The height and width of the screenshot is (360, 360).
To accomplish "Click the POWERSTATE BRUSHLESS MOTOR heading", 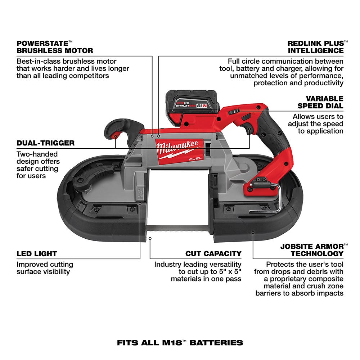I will tap(55, 47).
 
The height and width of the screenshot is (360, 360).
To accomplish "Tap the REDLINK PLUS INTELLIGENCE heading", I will tap(315, 47).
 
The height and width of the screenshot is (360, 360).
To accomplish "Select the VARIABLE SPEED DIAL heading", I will tap(320, 102).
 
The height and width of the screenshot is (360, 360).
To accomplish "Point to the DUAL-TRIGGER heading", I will tap(45, 143).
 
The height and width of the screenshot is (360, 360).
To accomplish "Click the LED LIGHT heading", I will tap(37, 254).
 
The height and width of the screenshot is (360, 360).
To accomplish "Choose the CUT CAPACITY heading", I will tap(213, 254).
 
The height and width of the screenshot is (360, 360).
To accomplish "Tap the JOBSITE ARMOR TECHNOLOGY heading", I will tap(312, 250).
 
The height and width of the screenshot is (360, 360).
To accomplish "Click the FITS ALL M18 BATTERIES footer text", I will tap(180, 342).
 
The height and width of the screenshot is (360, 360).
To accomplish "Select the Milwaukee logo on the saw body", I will tap(177, 148).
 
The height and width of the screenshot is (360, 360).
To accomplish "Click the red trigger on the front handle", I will tap(115, 136).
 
